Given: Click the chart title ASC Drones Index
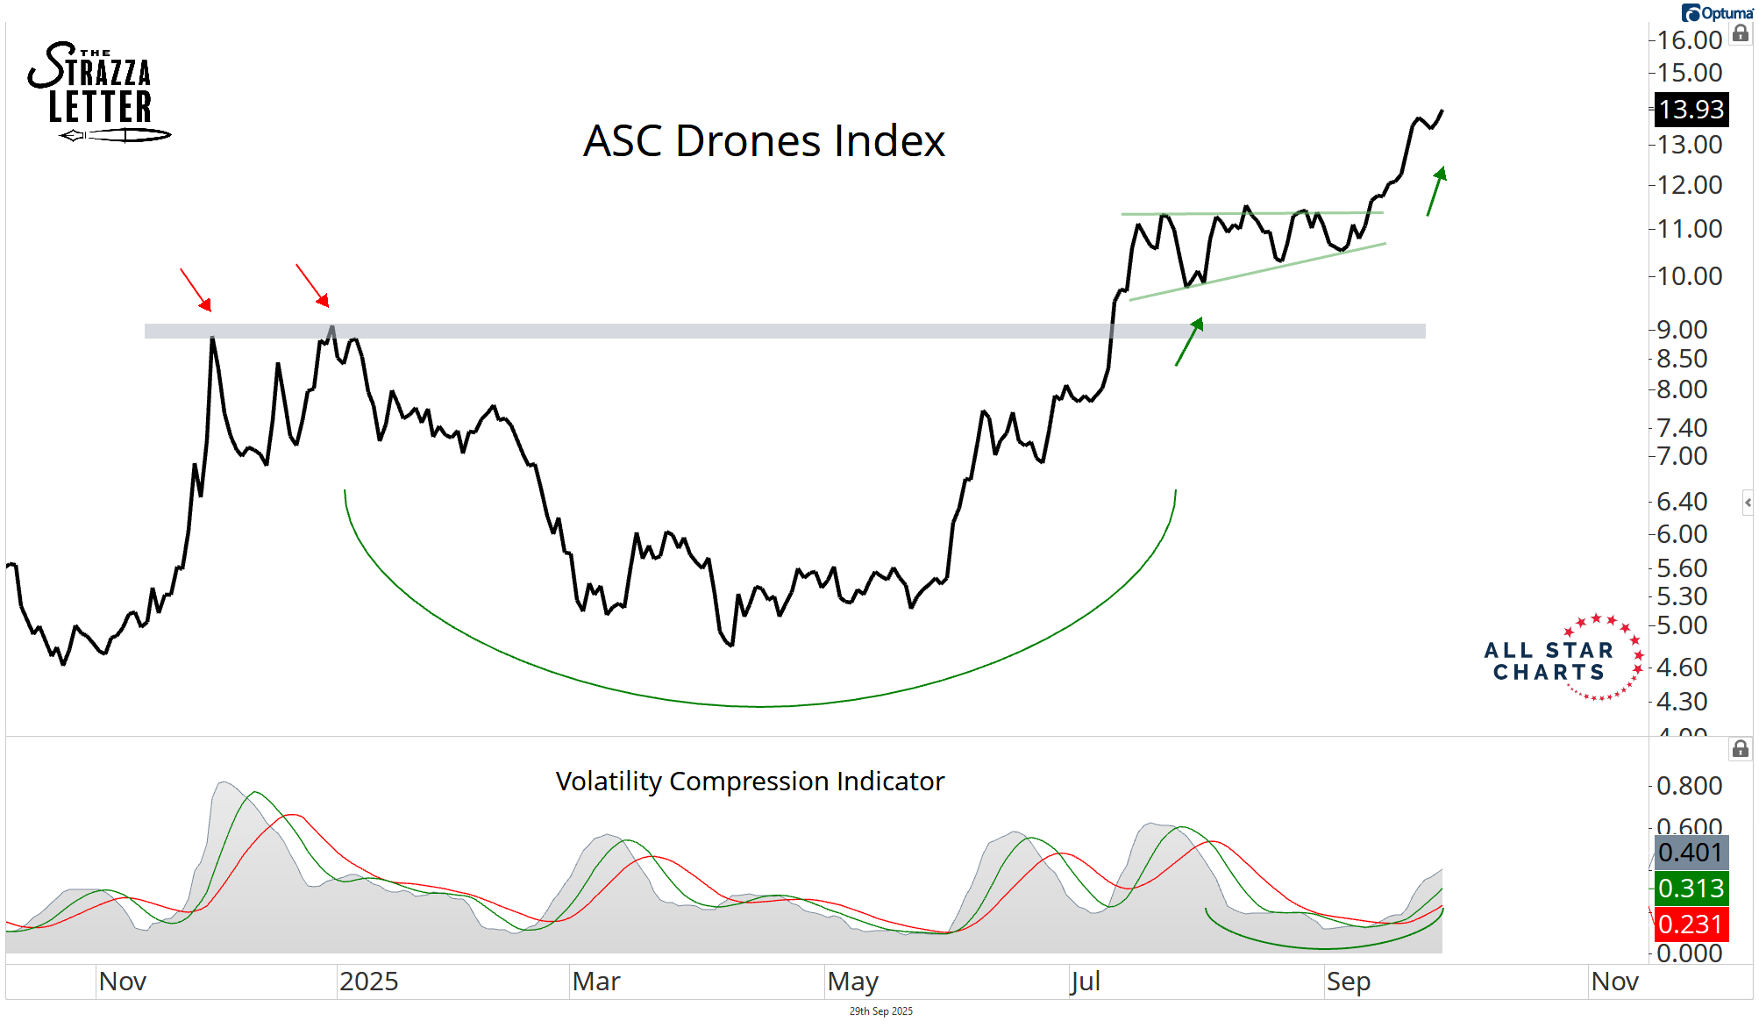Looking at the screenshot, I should point(764,140).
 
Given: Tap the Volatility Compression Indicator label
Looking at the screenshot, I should point(750,781).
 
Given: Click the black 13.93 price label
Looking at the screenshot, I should point(1691,110).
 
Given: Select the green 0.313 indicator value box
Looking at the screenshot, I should point(1691,888).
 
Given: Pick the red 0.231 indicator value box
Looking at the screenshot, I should point(1691,924).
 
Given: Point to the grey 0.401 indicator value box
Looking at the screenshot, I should point(1691,852).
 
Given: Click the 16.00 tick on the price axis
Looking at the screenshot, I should point(1690,40).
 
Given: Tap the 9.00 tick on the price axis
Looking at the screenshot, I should point(1682,330).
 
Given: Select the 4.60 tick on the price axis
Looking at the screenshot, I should point(1682,667).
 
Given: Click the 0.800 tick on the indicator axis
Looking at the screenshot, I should point(1689,786).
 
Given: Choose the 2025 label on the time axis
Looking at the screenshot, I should point(368,981).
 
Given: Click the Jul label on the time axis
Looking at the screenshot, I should point(1085,981).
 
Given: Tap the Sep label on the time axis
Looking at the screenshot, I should point(1348,981).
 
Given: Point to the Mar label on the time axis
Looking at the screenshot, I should point(596,981).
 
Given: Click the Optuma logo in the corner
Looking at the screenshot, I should point(1717,13).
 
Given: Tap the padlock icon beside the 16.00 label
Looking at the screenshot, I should point(1741,34).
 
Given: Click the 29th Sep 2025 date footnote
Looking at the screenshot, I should point(880,1011).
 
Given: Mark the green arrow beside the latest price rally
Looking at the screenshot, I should point(1435,190).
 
